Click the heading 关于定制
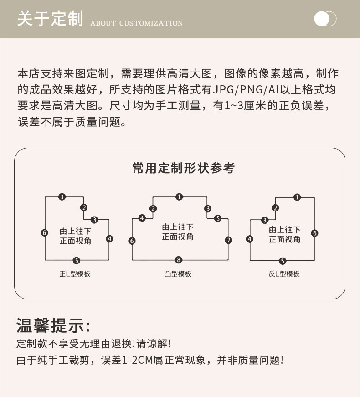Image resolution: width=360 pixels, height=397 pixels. [x=50, y=20]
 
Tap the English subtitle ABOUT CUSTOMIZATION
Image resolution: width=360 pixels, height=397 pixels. [x=137, y=23]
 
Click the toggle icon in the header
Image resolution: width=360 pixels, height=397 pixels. [x=325, y=19]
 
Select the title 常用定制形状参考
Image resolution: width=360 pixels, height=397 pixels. [x=183, y=168]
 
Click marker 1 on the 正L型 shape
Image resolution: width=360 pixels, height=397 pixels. [x=62, y=197]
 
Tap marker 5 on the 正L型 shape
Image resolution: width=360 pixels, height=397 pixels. [x=76, y=261]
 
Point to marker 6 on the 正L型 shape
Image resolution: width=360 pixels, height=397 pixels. [x=44, y=232]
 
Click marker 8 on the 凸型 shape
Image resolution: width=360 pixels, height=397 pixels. [x=179, y=260]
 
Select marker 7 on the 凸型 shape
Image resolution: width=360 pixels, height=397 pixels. [x=228, y=240]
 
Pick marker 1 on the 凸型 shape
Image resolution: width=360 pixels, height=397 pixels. [x=179, y=197]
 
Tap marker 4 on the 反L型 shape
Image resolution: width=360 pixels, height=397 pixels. [x=249, y=239]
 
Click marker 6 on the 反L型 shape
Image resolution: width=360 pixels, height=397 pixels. [x=314, y=233]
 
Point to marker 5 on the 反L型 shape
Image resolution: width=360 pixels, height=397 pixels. [x=283, y=261]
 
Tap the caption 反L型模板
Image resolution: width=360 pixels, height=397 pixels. [x=284, y=274]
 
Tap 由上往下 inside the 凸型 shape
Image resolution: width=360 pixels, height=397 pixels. [x=178, y=227]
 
